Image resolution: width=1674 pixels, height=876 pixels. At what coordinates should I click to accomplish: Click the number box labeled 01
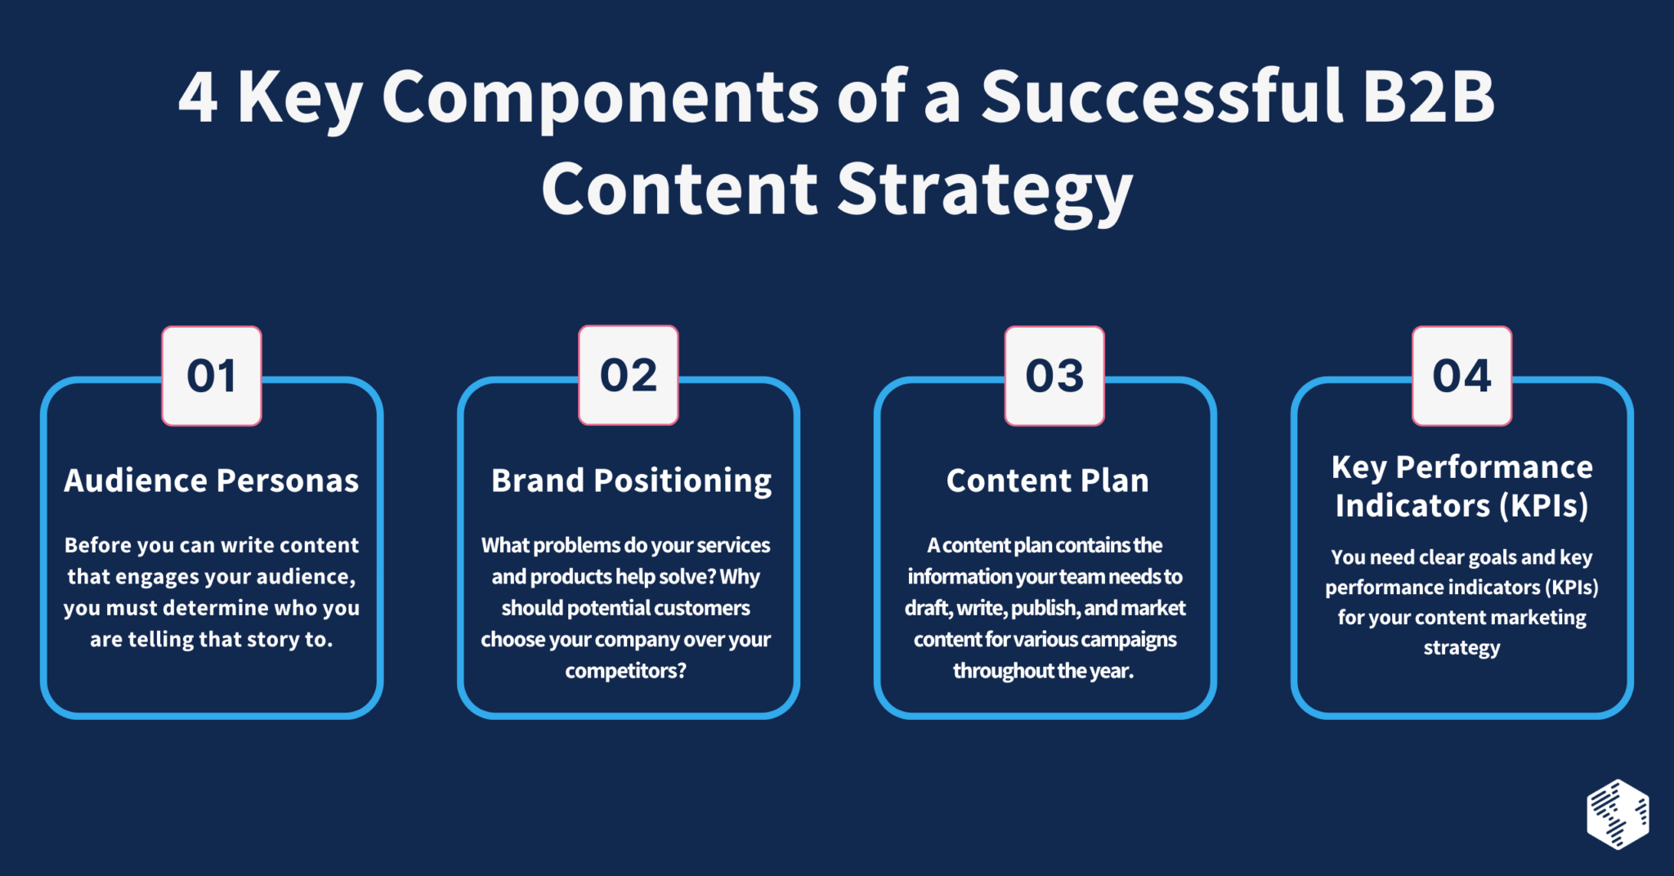coord(212,376)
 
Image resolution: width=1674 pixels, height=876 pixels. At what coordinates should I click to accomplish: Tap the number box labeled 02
coord(629,375)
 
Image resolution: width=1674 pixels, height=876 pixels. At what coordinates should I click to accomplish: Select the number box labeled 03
coord(1054,376)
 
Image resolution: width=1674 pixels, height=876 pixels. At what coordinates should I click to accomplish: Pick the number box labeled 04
coord(1461,376)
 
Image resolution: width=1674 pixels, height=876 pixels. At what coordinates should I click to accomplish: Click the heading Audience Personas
coord(212,480)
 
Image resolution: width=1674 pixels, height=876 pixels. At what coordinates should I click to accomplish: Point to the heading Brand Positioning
coord(631,480)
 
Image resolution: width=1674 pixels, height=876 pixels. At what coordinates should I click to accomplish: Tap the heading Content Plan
coord(1047,480)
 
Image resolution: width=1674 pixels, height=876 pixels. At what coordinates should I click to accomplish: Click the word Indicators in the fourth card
coord(1412,505)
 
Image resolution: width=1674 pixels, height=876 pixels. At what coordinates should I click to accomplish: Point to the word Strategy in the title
coord(984,190)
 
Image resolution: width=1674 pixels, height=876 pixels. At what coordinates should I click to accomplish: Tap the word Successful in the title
coord(1162,96)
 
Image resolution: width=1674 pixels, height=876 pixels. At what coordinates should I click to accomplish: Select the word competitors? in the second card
coord(625,671)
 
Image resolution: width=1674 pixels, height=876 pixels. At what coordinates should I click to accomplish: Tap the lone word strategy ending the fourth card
coord(1461,648)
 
